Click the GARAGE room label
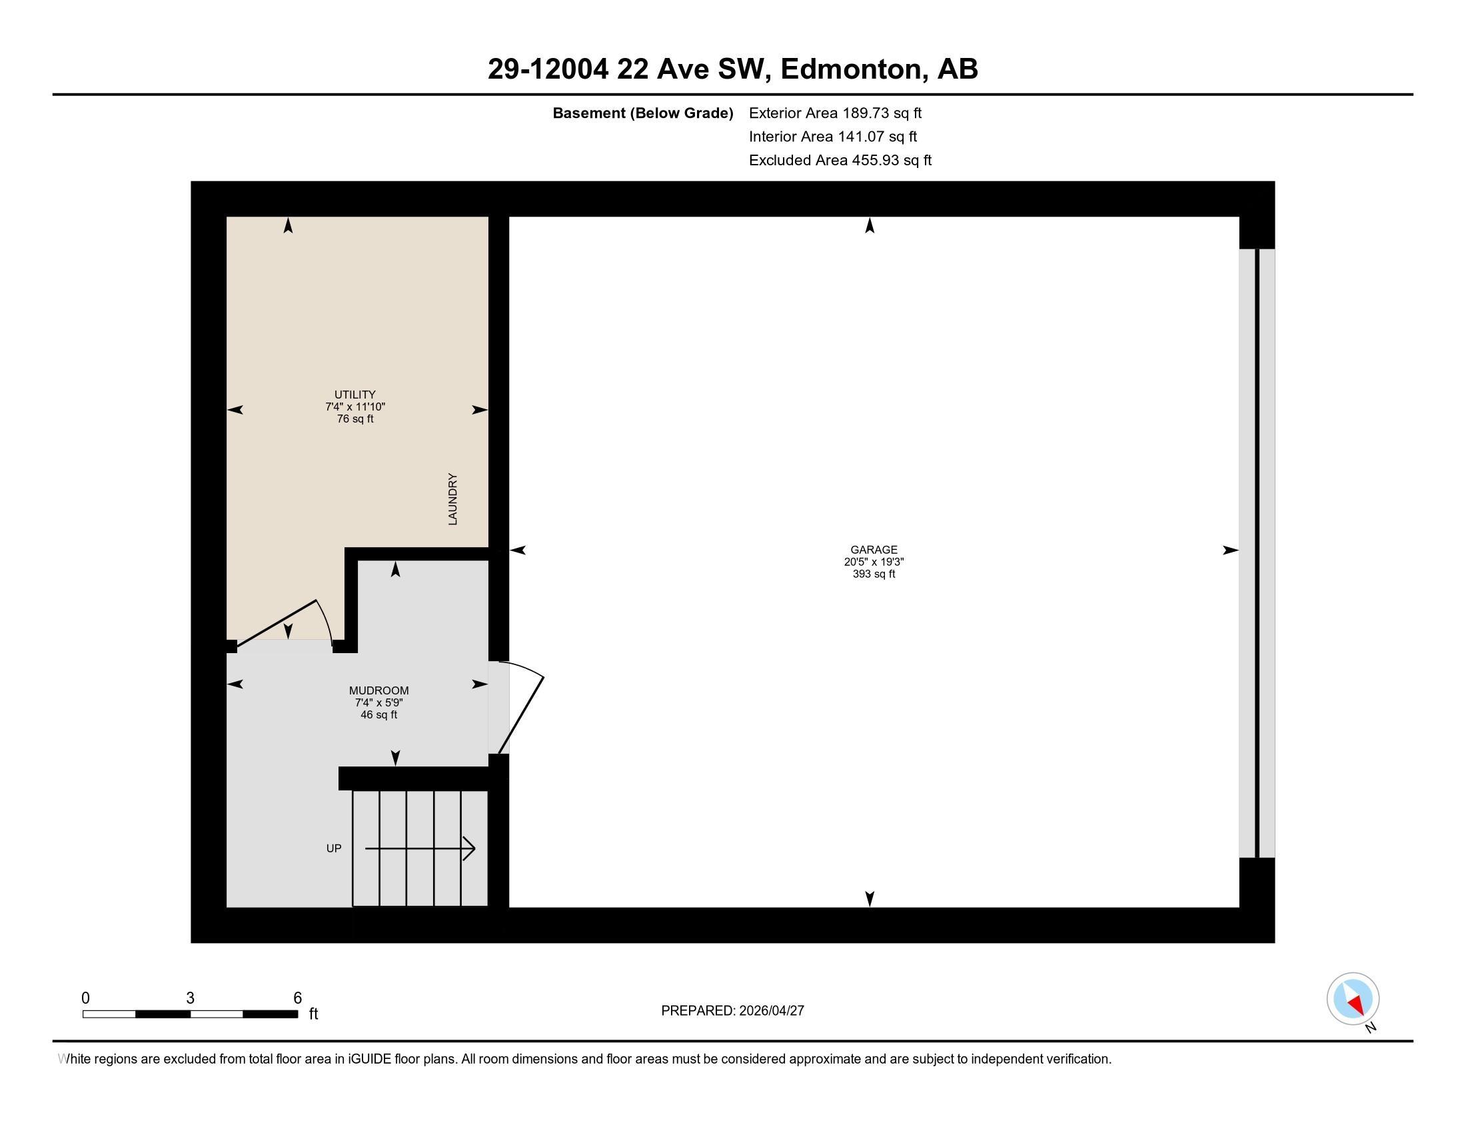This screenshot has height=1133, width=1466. pyautogui.click(x=874, y=550)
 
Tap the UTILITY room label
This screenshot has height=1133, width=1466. pyautogui.click(x=355, y=395)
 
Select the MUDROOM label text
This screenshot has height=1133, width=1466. pyautogui.click(x=378, y=690)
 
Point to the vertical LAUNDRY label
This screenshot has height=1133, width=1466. pyautogui.click(x=453, y=499)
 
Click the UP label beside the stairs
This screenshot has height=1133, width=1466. pyautogui.click(x=334, y=848)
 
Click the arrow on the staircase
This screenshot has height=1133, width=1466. pyautogui.click(x=420, y=848)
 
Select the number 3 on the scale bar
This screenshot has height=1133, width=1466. pyautogui.click(x=190, y=998)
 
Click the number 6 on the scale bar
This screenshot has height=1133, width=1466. pyautogui.click(x=297, y=998)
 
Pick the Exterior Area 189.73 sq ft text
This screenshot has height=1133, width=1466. pyautogui.click(x=835, y=113)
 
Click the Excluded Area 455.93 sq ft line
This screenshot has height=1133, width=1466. pyautogui.click(x=840, y=160)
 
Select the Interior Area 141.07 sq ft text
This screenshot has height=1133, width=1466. pyautogui.click(x=832, y=136)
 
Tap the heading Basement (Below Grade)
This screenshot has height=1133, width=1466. pyautogui.click(x=642, y=113)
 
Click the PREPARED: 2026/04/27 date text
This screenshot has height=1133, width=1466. pyautogui.click(x=732, y=1011)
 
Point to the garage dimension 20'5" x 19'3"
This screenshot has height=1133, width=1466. pyautogui.click(x=874, y=562)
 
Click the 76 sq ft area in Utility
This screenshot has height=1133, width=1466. pyautogui.click(x=355, y=419)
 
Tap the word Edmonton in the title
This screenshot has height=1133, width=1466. pyautogui.click(x=850, y=69)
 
